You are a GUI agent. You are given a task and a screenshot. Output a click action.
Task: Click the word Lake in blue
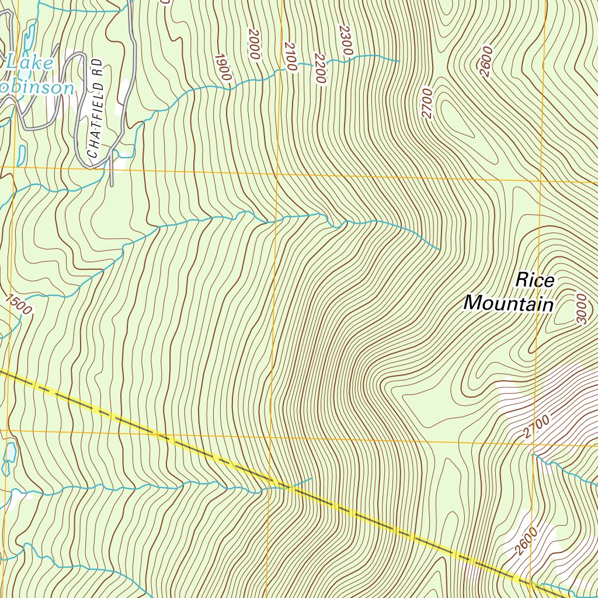click(29, 64)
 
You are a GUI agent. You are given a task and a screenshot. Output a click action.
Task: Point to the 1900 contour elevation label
click(223, 67)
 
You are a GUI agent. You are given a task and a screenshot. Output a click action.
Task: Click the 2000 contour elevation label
click(254, 43)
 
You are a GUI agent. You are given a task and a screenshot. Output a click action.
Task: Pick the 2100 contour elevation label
click(290, 56)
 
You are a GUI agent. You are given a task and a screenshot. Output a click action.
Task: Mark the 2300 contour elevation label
click(345, 41)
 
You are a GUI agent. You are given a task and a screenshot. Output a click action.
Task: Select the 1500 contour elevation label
click(19, 304)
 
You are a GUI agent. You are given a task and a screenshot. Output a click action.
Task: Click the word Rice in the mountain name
click(534, 280)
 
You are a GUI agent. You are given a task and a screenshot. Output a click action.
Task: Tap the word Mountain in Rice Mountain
click(508, 304)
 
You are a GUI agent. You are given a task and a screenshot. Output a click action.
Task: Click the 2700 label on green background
click(427, 103)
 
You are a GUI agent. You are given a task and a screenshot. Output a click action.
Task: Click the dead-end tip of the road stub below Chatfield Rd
click(111, 186)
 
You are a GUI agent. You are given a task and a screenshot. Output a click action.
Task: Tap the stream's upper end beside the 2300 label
click(399, 60)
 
